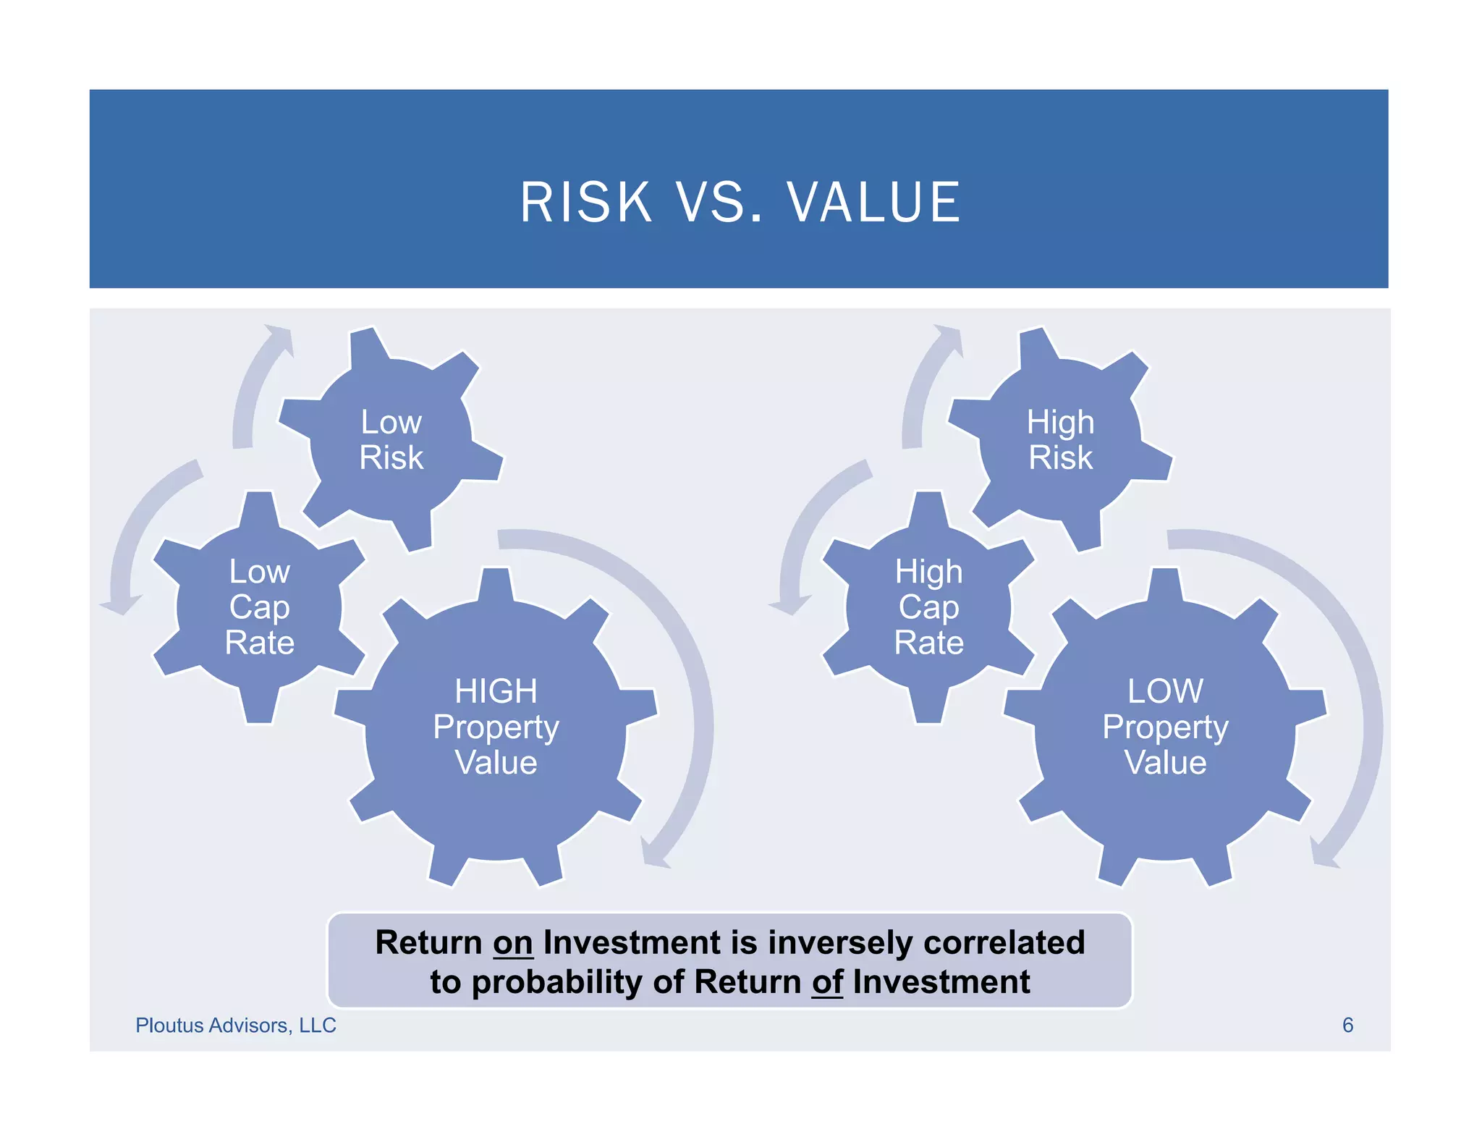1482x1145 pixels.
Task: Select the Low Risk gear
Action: click(391, 439)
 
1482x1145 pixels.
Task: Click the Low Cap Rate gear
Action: click(259, 607)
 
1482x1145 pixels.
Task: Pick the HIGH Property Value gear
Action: click(496, 727)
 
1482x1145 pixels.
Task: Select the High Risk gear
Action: click(1060, 439)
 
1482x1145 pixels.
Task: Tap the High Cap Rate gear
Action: click(928, 607)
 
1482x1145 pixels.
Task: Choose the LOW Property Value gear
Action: click(1165, 727)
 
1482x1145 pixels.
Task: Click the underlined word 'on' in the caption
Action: click(512, 943)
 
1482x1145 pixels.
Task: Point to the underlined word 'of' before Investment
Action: click(827, 982)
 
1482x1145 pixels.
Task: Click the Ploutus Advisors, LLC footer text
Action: click(236, 1026)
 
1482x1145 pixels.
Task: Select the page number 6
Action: click(1347, 1026)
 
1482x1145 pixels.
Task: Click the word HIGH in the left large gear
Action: click(496, 691)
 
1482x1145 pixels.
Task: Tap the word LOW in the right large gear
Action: click(1165, 691)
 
